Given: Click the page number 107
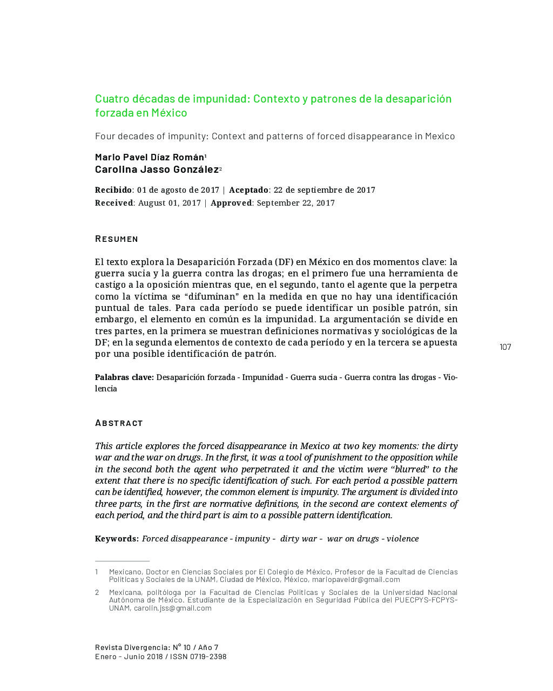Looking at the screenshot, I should (x=505, y=347).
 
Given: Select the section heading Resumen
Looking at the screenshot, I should (x=117, y=239).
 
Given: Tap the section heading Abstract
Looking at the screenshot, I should (x=119, y=423).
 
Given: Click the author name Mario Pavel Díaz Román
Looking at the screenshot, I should (x=149, y=157).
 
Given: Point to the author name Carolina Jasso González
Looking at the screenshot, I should (x=157, y=170).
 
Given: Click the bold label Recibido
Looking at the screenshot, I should (x=113, y=190).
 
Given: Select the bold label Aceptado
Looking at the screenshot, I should (x=248, y=190).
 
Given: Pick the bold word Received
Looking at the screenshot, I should (x=114, y=203).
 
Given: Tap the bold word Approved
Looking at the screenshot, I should (x=231, y=203).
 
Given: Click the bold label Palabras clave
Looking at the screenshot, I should (x=124, y=377).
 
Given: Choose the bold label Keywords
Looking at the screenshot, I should (x=117, y=539).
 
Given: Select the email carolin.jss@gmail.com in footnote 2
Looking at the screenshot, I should (x=173, y=608).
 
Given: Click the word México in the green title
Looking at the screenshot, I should (x=169, y=113).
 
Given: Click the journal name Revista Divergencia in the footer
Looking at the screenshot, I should (x=132, y=647).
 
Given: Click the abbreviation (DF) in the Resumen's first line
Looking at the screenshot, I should (x=286, y=262).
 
